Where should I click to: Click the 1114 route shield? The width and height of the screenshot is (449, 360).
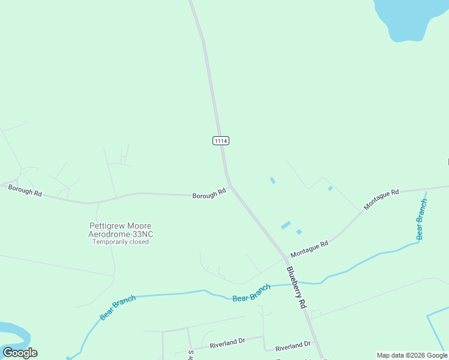coord(221,140)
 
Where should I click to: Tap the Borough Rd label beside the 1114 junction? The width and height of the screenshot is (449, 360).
coord(209,194)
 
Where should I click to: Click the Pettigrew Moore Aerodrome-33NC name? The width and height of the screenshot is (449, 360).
coord(120,229)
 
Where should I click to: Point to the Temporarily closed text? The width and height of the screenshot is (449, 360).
coord(120,242)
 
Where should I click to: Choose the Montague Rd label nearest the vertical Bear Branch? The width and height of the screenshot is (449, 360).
coord(381,200)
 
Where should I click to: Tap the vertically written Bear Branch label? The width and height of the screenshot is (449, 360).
coord(422,219)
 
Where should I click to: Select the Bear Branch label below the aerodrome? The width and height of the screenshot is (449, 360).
coord(118,308)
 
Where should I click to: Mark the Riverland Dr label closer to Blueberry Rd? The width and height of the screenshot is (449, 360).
coord(293,346)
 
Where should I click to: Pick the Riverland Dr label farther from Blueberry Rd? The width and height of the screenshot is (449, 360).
coord(228,344)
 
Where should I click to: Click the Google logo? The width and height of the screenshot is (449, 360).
coord(20,353)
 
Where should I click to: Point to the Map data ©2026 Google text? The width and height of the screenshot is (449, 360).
coord(412,355)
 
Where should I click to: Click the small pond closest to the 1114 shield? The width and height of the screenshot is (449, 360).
coord(273,180)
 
